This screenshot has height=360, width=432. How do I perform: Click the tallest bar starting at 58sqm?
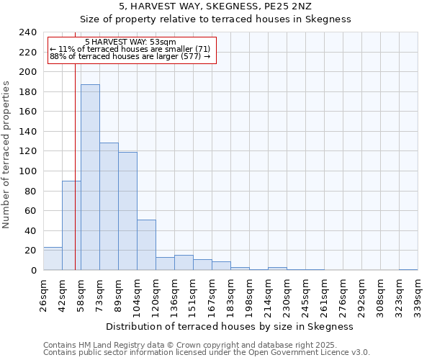[x=90, y=177]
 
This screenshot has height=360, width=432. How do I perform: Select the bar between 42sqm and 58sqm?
[x=71, y=225]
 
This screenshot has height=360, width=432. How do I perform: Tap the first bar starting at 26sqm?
[x=53, y=258]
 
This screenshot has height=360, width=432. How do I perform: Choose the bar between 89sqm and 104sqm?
[x=127, y=211]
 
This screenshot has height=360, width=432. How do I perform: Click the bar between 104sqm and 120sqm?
[x=146, y=245]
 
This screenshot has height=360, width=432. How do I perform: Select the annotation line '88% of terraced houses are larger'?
[x=130, y=56]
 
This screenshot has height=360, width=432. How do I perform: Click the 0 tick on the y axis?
[x=34, y=270]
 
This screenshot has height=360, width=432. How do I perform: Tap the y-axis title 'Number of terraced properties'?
[x=7, y=154]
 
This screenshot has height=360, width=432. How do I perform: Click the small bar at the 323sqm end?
[x=408, y=269]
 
